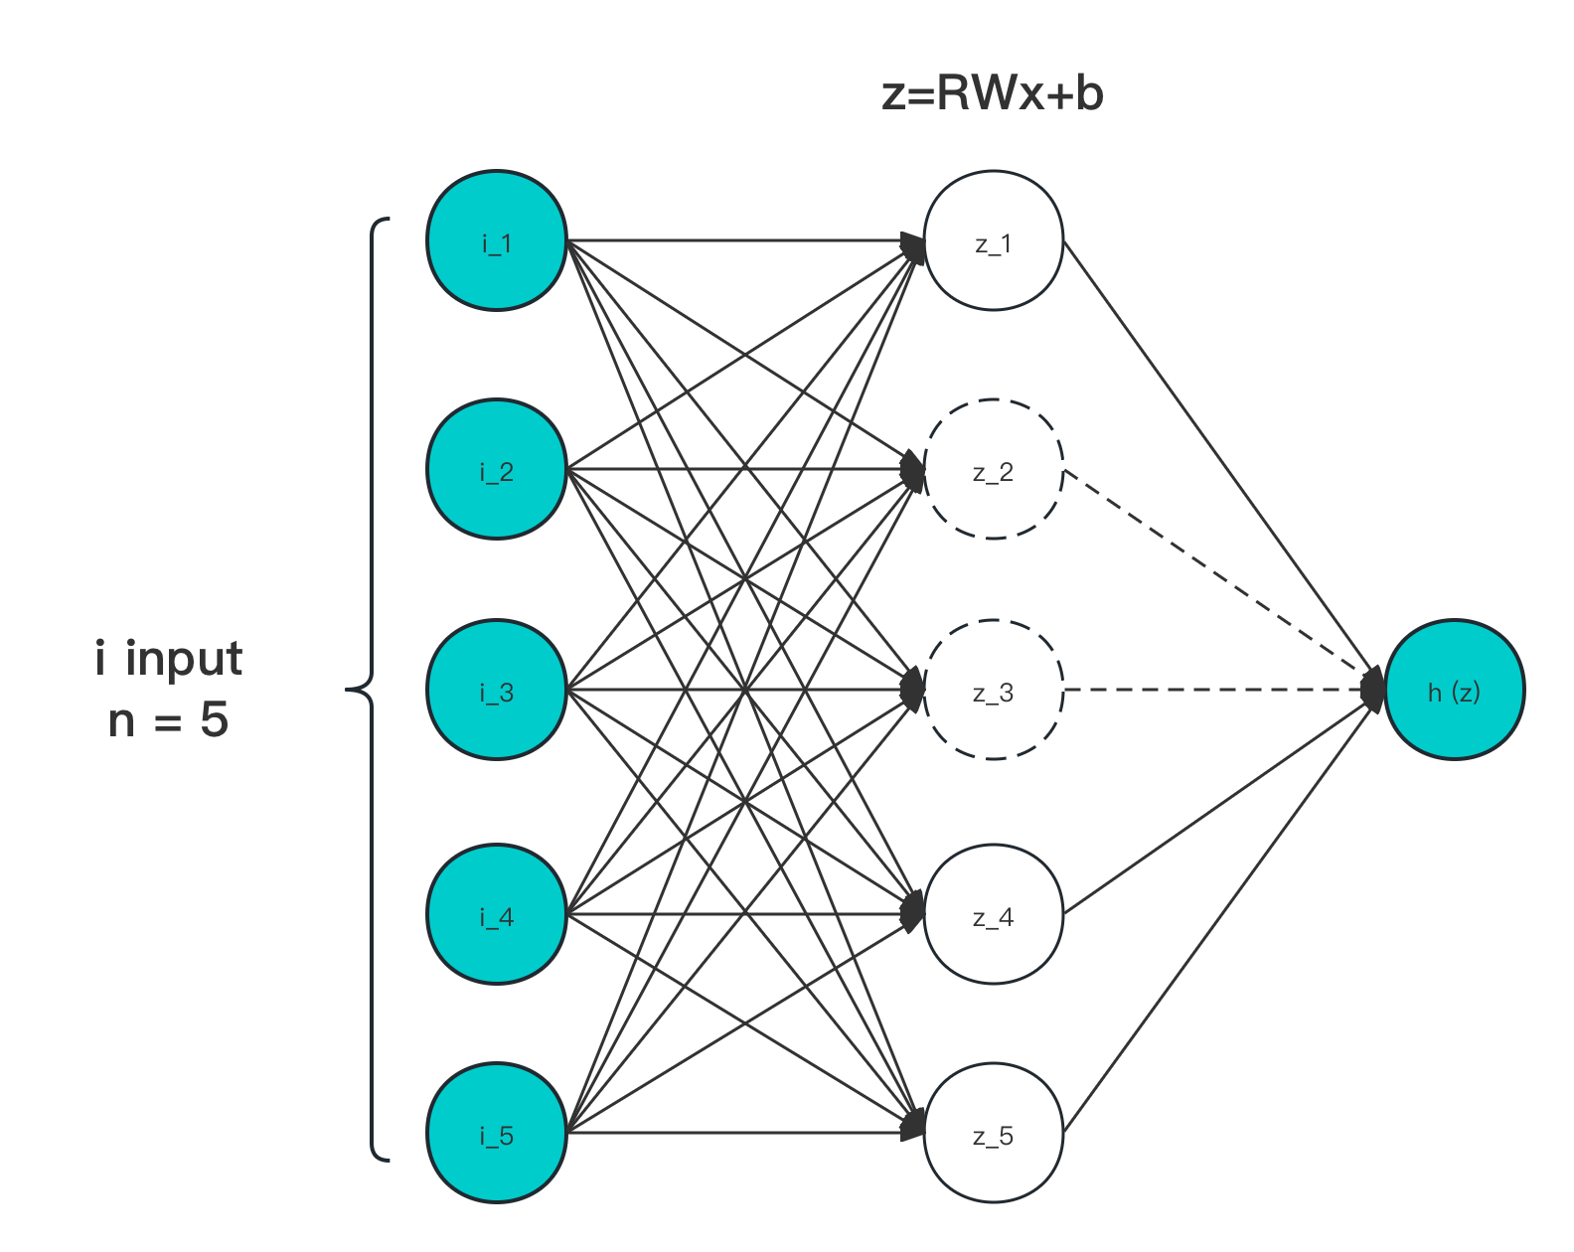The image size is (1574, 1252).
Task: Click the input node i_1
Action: [496, 240]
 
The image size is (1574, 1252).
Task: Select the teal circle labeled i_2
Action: [496, 469]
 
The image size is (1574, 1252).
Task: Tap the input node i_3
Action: [496, 690]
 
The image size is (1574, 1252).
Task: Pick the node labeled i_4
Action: [496, 914]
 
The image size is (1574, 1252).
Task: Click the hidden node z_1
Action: [993, 240]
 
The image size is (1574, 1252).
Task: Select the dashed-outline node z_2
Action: [993, 469]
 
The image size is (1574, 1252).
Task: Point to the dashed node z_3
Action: [993, 690]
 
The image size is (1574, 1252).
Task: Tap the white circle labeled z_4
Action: [993, 914]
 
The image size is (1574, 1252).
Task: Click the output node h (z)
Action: [1454, 690]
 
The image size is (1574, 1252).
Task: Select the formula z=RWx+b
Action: [993, 94]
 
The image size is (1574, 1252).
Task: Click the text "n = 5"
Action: [169, 719]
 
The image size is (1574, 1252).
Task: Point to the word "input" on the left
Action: [184, 659]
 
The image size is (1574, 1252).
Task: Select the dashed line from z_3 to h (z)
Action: [1212, 689]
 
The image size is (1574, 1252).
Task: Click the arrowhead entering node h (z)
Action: [1374, 689]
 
